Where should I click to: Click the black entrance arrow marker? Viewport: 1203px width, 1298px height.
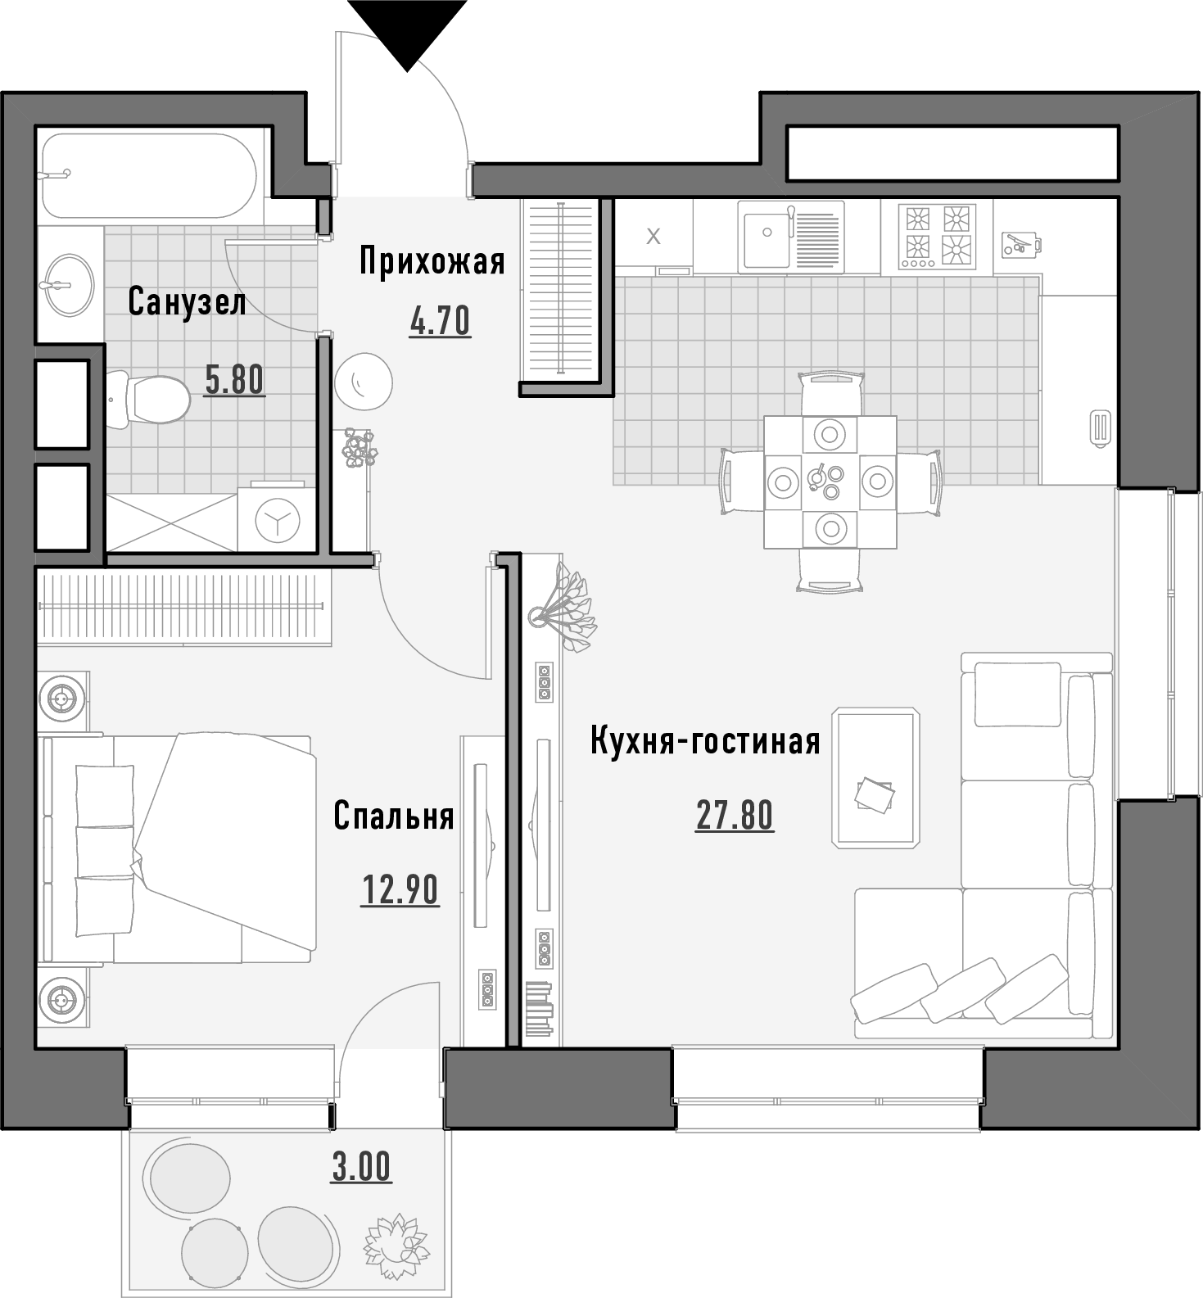[x=407, y=33]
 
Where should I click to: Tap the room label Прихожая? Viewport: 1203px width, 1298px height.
[x=432, y=263]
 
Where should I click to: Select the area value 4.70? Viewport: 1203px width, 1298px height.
[x=441, y=321]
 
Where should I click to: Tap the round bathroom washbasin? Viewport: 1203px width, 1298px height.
[x=69, y=284]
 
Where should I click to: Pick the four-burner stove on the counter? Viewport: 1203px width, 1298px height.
[x=936, y=236]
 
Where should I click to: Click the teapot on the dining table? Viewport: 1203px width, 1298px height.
[x=816, y=476]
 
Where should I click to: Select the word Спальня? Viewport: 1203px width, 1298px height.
[x=394, y=816]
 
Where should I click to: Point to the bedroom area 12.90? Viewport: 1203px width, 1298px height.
[x=400, y=890]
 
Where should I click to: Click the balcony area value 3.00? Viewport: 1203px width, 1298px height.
[x=361, y=1167]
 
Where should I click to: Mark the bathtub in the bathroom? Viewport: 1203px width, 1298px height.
[x=151, y=176]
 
